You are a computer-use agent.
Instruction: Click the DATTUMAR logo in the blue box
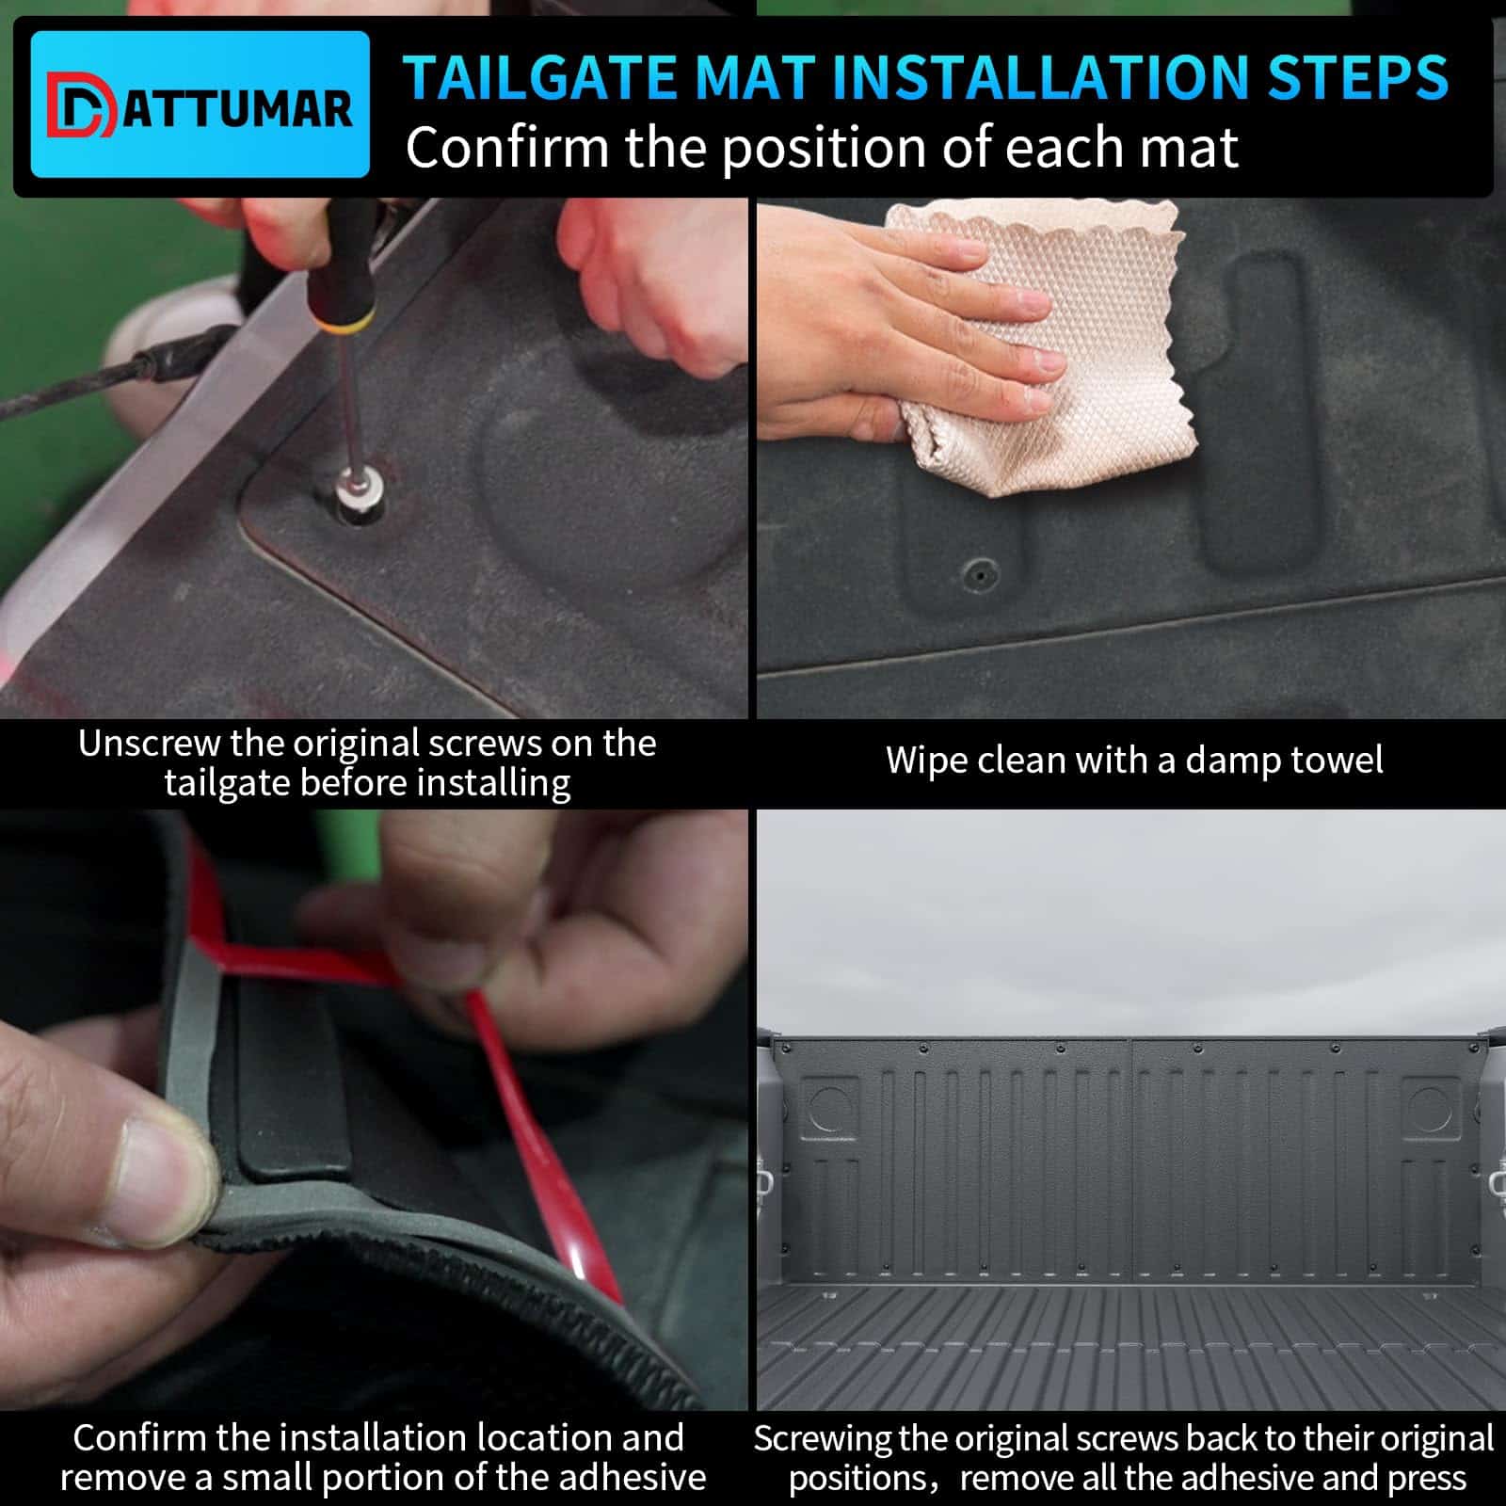point(200,105)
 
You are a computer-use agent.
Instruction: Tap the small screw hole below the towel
point(982,571)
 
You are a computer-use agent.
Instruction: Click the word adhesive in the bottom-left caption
point(631,1478)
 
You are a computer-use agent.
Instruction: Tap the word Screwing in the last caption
point(823,1439)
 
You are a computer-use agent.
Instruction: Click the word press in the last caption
point(1426,1479)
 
